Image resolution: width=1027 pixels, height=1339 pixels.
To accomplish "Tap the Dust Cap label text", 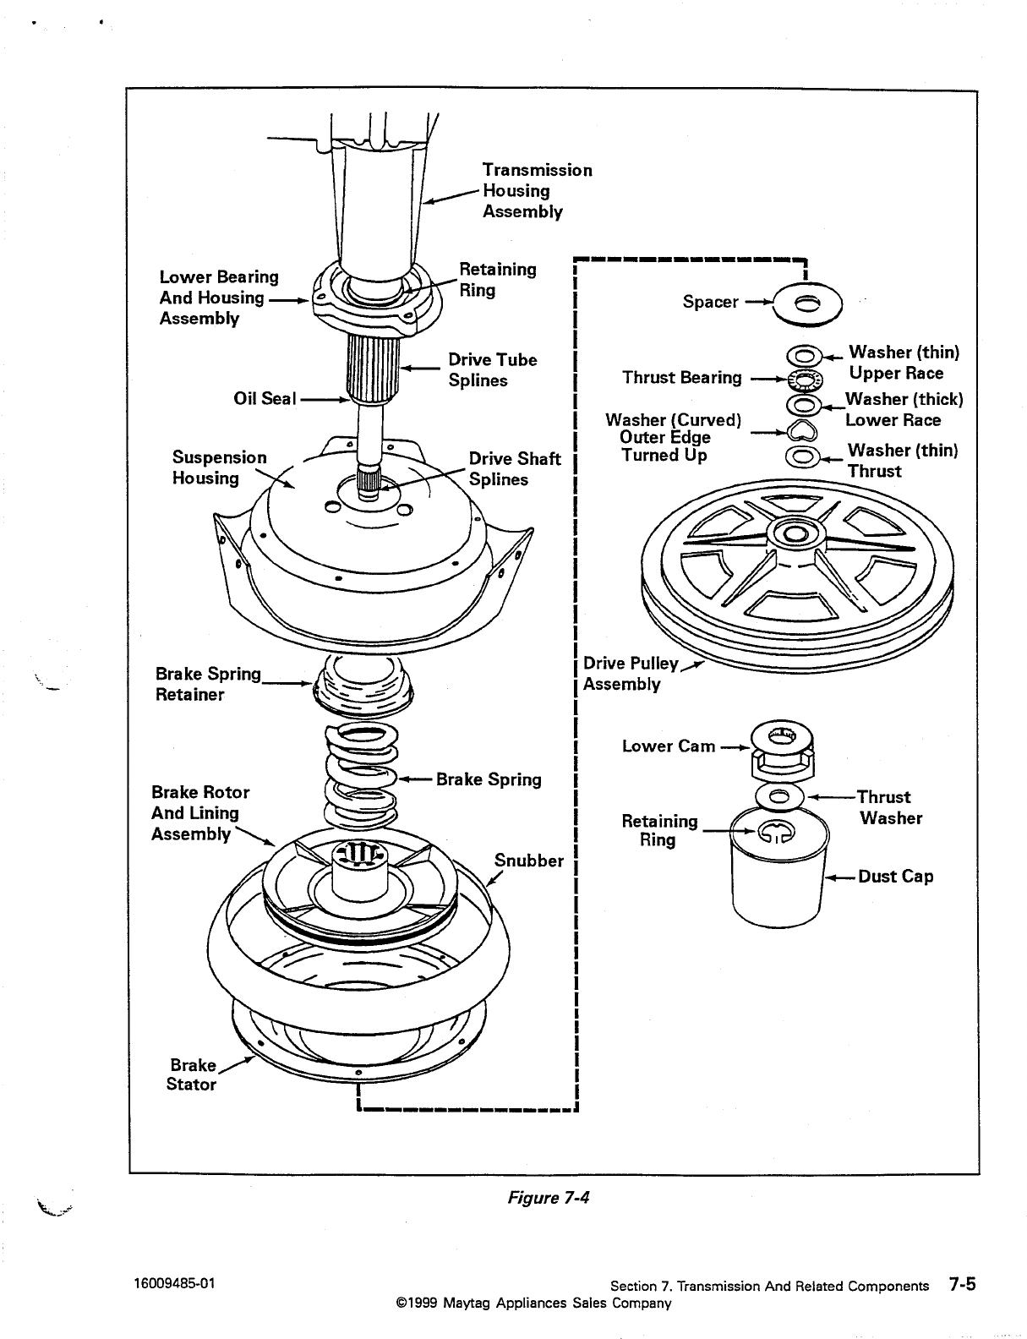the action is tap(895, 877).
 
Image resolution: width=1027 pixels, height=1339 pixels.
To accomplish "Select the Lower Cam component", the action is tap(783, 751).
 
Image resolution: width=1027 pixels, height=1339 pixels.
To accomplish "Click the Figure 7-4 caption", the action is tap(548, 1197).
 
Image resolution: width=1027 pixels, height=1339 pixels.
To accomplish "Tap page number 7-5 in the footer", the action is tap(962, 1283).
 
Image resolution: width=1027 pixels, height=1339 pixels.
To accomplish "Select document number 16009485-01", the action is tap(174, 1283).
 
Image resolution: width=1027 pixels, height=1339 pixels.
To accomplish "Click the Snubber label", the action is tap(528, 861).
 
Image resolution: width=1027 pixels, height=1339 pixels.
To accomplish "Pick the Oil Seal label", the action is tap(265, 399).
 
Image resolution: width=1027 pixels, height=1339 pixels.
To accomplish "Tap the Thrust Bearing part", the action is tap(806, 380).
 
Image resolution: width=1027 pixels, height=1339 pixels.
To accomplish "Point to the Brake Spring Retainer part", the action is tap(363, 686).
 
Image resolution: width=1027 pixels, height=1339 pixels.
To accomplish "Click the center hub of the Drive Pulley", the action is tap(795, 533).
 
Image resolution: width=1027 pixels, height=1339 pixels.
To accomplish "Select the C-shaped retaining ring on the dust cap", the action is tap(776, 833).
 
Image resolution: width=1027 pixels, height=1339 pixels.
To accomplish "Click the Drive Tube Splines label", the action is tap(492, 369).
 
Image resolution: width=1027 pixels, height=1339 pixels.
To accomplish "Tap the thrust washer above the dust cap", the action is tap(779, 796).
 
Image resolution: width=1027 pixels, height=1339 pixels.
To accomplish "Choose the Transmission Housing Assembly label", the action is tap(537, 190).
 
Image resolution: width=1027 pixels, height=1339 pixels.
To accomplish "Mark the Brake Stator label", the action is tap(192, 1074).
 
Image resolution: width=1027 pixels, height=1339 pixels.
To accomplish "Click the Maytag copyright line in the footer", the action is tap(533, 1303).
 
